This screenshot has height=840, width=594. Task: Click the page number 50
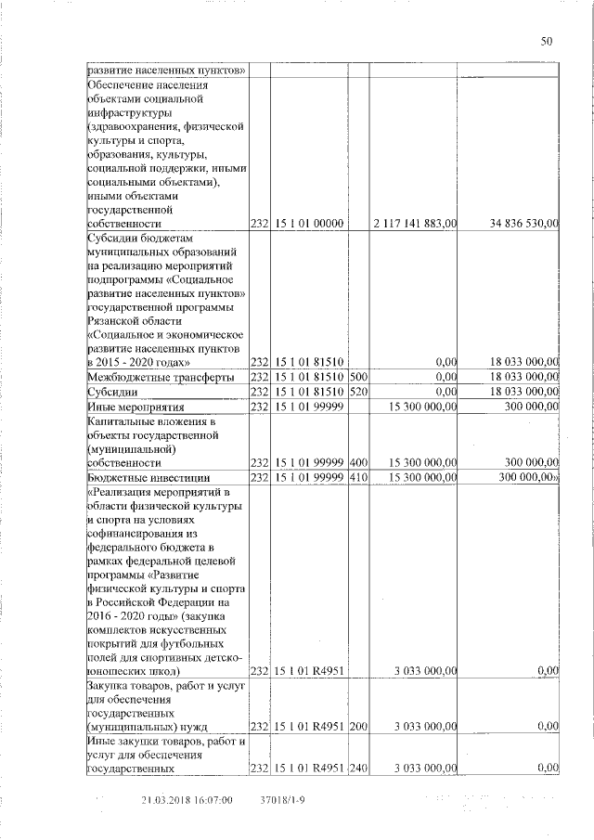coord(546,40)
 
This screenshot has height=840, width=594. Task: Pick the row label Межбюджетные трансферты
coord(148,377)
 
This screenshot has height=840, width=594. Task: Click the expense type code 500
coord(357,377)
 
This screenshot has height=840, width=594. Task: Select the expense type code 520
coord(357,393)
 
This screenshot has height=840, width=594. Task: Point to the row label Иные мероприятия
coord(136,407)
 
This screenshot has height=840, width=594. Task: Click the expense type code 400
coord(357,461)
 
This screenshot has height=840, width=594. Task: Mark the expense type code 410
coord(357,476)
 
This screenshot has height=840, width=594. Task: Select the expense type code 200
coord(357,727)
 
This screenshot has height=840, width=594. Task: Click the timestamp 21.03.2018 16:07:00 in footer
coord(187,800)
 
